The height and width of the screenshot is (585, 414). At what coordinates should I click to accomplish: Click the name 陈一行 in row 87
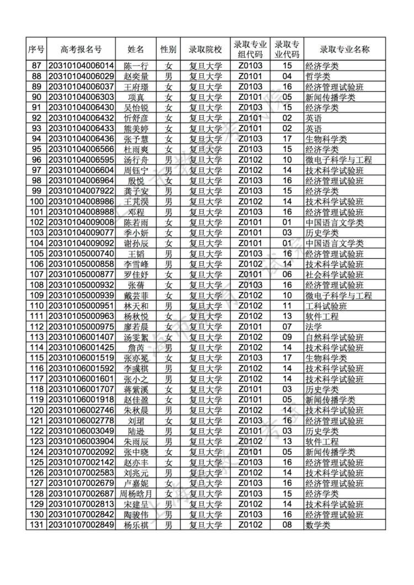[135, 66]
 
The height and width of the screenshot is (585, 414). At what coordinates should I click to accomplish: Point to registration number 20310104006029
[81, 76]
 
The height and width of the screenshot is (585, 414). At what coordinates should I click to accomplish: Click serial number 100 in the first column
[36, 201]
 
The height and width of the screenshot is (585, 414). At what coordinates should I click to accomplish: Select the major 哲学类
[318, 76]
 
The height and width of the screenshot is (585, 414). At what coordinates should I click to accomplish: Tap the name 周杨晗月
[135, 493]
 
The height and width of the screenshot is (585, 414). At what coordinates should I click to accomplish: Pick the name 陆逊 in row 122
[135, 431]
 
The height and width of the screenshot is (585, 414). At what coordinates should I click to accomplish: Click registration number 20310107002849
[81, 525]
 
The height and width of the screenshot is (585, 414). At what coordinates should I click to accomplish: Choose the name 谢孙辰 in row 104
[135, 243]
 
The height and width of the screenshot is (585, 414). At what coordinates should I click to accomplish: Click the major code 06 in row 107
[287, 275]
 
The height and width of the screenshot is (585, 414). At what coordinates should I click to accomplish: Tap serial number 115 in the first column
[36, 358]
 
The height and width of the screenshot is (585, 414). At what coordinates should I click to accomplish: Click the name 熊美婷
[135, 128]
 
